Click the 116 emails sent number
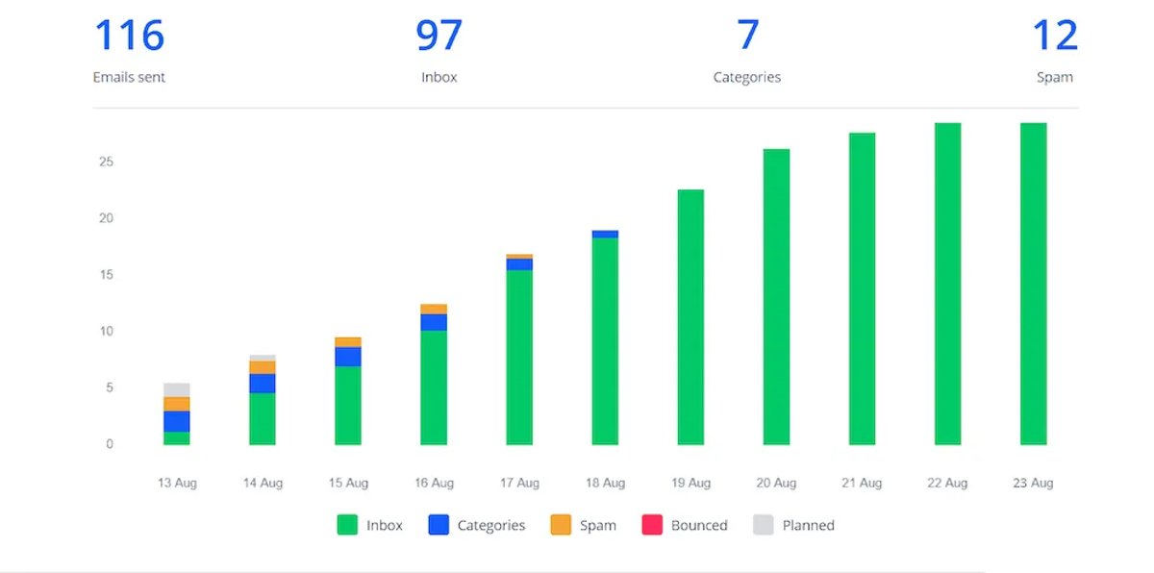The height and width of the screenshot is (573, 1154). click(130, 35)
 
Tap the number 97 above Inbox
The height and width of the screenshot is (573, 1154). click(439, 35)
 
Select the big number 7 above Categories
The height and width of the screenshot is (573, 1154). click(748, 35)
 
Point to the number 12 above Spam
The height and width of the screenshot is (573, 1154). click(1055, 35)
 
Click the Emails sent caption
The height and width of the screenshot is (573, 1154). click(129, 77)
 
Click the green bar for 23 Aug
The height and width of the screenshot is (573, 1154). click(1034, 284)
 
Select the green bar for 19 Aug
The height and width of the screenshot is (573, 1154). click(690, 317)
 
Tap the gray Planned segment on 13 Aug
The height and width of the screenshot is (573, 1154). click(177, 389)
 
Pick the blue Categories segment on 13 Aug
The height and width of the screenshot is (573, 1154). click(177, 421)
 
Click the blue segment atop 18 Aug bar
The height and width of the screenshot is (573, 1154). click(605, 235)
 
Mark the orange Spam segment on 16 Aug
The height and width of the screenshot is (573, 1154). click(434, 309)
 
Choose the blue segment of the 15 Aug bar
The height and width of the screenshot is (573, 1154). click(348, 357)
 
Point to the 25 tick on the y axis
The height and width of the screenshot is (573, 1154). click(106, 162)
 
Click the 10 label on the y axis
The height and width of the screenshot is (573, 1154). click(106, 331)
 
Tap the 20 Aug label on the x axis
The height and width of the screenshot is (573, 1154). click(776, 483)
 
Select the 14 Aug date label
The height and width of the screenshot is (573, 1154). click(263, 483)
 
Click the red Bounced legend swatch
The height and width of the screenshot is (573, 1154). click(652, 525)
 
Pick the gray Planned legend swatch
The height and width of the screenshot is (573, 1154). click(764, 525)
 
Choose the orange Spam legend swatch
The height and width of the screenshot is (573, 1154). click(561, 525)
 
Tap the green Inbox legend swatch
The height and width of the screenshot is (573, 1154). click(347, 525)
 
